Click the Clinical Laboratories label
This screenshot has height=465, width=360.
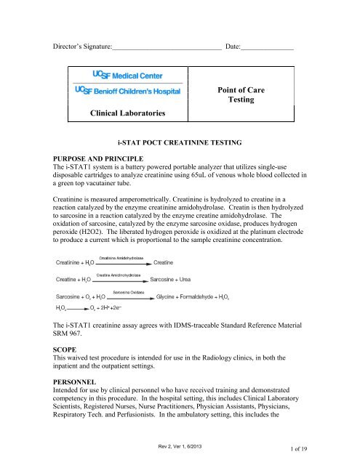pos(124,113)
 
